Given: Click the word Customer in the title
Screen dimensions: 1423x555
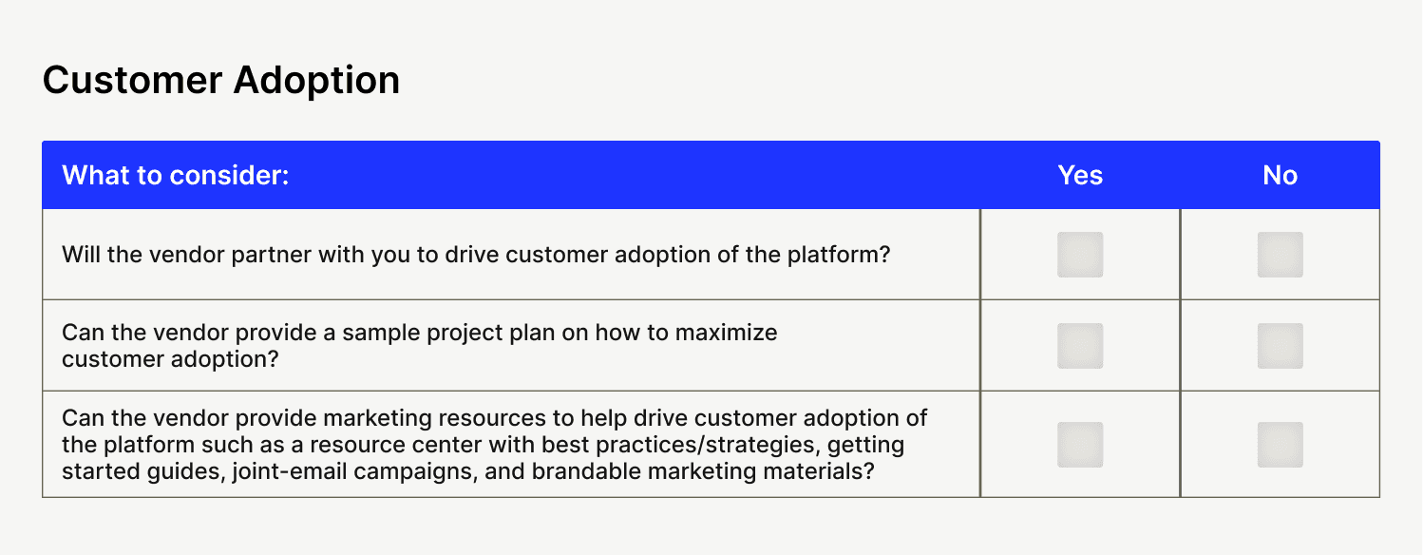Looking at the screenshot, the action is (x=132, y=80).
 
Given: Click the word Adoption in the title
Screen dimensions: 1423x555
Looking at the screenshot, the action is (x=316, y=82).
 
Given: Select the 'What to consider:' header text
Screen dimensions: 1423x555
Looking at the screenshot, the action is (x=176, y=175).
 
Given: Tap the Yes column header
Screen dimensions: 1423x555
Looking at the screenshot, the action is (x=1080, y=175).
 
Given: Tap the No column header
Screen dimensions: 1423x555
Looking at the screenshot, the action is (x=1281, y=175).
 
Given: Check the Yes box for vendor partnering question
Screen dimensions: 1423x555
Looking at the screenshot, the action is (x=1080, y=255).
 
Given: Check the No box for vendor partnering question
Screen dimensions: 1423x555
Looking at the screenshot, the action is (x=1281, y=255).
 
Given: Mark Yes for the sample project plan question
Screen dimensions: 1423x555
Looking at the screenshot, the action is (x=1080, y=346).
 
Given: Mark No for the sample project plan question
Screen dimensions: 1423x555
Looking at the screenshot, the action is (x=1281, y=346).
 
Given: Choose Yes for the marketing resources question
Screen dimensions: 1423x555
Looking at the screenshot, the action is (x=1080, y=445).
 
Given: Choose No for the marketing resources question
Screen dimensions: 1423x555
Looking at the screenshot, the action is (x=1281, y=445).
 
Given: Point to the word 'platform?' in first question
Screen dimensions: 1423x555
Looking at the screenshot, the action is (x=839, y=256).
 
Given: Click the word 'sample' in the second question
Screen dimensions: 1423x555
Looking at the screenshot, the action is (x=381, y=334).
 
